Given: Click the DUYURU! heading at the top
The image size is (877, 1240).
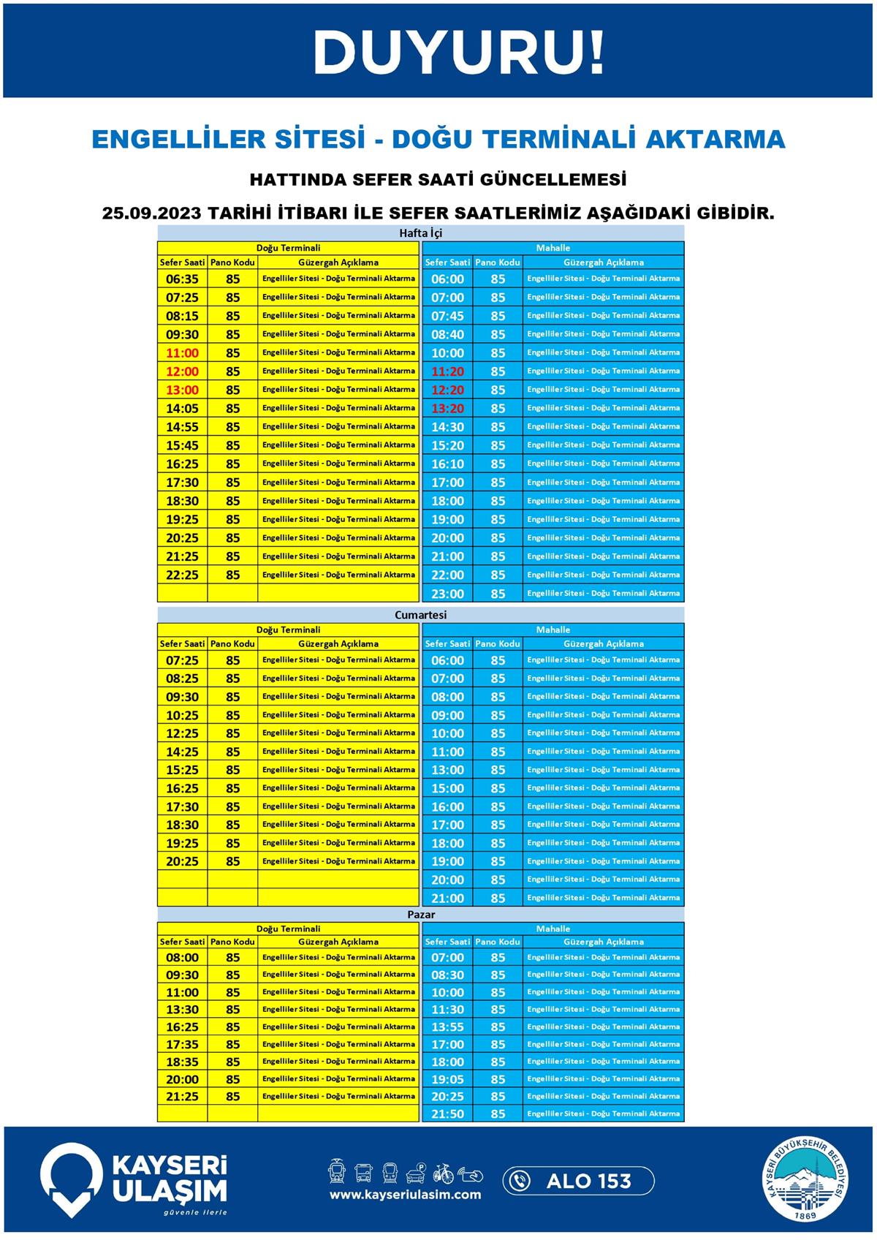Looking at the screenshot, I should click(x=458, y=53).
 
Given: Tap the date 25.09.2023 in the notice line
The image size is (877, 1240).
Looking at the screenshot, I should click(x=152, y=213).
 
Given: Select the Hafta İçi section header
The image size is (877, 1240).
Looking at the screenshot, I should click(x=420, y=233).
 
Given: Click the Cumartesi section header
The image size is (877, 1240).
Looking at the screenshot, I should click(x=420, y=615).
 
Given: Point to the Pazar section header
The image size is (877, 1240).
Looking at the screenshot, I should click(x=421, y=914).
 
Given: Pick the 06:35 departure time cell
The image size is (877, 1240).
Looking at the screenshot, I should click(x=182, y=279).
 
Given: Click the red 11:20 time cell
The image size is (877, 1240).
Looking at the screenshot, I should click(x=447, y=371).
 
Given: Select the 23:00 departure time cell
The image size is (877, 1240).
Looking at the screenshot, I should click(x=447, y=594).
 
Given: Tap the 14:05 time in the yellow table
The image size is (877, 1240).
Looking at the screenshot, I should click(x=182, y=408).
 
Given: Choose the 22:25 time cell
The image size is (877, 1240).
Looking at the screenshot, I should click(x=182, y=575).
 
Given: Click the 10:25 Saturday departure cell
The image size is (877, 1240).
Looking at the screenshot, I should click(x=182, y=715).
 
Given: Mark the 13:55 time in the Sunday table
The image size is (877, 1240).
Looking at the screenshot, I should click(x=447, y=1027).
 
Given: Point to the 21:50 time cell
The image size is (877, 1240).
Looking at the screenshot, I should click(x=447, y=1114).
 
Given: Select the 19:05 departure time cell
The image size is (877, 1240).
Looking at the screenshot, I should click(x=447, y=1079).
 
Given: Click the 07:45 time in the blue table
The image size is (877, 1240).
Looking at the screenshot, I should click(x=447, y=316).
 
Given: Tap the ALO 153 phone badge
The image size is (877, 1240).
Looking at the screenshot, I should click(x=578, y=1181).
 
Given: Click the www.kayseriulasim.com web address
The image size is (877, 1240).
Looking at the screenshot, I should click(x=405, y=1195).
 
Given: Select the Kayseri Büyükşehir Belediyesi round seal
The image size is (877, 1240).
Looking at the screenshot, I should click(x=806, y=1179).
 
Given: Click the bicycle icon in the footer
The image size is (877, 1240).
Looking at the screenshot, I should click(x=443, y=1173).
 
